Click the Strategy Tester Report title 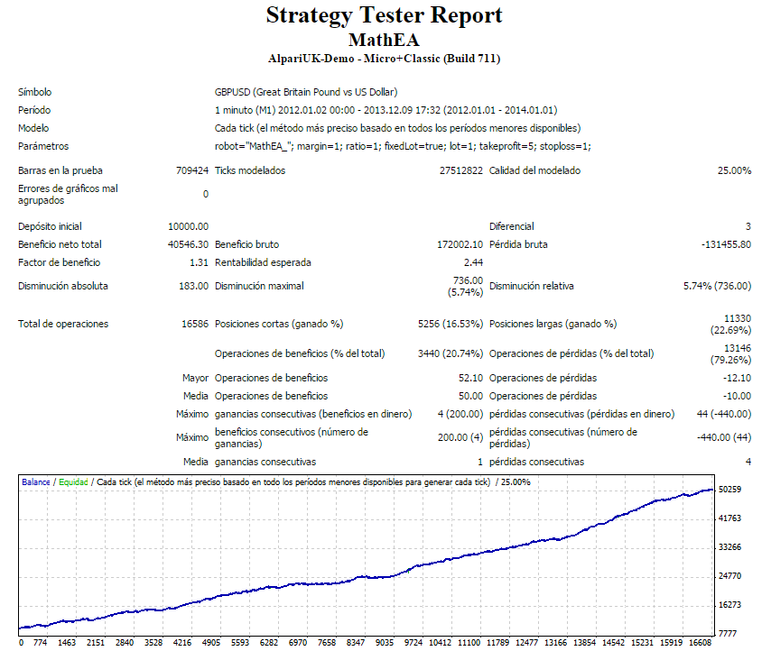(x=385, y=15)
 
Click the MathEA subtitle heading (x=385, y=40)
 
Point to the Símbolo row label (x=34, y=92)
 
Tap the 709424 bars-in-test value (x=192, y=170)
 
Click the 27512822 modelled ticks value (x=460, y=170)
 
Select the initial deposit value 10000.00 (x=189, y=226)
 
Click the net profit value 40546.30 (x=189, y=244)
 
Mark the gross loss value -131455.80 (x=725, y=244)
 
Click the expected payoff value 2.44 (x=473, y=262)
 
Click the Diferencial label (x=511, y=226)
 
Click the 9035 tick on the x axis (x=385, y=643)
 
